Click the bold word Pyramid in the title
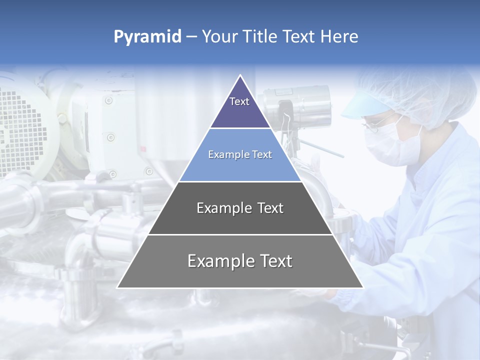(147, 37)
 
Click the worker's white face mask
(387, 145)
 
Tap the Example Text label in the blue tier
(240, 154)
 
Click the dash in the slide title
(191, 37)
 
